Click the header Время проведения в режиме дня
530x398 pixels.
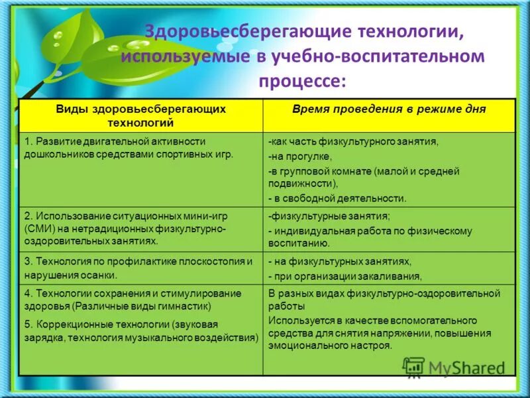coord(389,109)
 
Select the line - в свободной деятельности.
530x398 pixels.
coord(337,198)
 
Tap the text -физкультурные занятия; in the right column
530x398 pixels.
coord(329,216)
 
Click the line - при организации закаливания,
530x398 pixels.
coord(344,276)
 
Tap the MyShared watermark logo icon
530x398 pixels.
coord(413,367)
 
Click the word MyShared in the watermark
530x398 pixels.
coord(467,367)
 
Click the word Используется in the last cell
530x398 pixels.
coord(296,320)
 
